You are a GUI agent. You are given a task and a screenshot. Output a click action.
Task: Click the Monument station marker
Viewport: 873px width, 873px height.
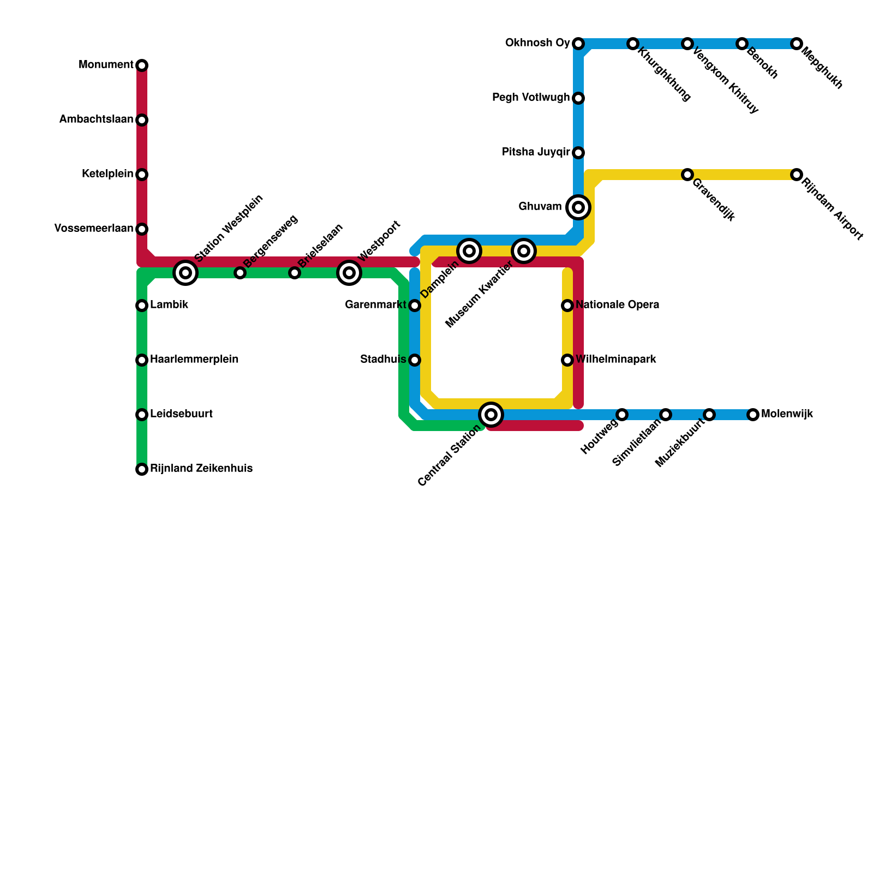coord(142,65)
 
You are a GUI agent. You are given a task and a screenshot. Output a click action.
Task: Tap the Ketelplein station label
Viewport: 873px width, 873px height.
coord(107,174)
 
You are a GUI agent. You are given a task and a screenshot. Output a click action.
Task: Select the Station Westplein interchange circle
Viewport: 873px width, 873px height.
coord(186,272)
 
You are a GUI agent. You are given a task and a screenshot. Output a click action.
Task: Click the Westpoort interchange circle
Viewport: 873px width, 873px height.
coord(349,272)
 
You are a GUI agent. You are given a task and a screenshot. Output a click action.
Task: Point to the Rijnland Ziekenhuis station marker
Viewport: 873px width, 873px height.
coord(142,469)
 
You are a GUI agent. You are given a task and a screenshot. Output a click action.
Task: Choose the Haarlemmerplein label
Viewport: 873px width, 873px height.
coord(194,360)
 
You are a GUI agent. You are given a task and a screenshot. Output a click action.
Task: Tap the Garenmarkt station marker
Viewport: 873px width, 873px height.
coord(415,306)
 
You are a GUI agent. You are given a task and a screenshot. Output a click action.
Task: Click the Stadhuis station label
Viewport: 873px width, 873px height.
coord(383,360)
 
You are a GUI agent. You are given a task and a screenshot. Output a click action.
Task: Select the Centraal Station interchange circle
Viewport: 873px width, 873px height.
coord(491,415)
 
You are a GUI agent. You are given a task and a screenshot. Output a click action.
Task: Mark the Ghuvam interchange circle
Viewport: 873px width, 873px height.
coord(578,207)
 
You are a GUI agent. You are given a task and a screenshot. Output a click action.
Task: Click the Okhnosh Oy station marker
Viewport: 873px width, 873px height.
coord(578,44)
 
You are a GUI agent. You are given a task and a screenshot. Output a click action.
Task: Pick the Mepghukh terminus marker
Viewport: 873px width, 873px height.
coord(797,44)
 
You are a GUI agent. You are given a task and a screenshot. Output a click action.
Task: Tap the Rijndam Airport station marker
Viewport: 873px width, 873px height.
coord(797,175)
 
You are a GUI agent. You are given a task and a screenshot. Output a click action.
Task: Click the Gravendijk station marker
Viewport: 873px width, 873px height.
coord(687,175)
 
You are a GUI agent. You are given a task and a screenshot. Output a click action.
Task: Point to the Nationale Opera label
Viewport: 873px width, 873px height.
coord(617,305)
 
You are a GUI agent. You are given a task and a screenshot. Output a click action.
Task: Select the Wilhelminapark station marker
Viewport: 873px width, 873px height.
coord(567,360)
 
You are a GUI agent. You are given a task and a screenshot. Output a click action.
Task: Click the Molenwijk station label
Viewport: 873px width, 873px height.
coord(787,414)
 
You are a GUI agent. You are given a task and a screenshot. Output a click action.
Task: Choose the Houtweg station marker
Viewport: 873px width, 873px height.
coord(622,415)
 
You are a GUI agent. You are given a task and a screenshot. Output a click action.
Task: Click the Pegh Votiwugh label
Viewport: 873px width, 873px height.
coord(530,98)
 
